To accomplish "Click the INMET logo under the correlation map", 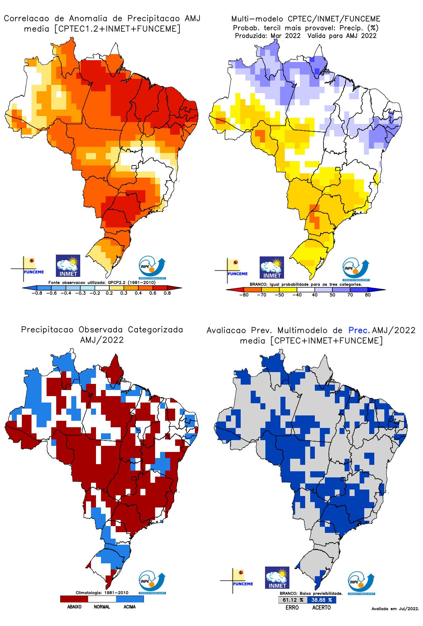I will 68,266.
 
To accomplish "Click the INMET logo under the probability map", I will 272,268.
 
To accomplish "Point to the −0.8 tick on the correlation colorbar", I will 37,293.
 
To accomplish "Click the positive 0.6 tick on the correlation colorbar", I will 153,293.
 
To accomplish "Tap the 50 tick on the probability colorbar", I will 332,295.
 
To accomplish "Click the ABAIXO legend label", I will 74,607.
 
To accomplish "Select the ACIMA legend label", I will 130,607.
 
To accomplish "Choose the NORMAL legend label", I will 102,607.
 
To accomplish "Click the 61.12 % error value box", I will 293,600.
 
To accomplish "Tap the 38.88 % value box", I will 321,600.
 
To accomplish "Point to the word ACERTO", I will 321,608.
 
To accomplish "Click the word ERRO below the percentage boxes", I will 292,608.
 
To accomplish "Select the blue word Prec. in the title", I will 359,330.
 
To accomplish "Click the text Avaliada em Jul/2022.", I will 395,609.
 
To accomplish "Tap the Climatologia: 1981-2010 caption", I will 102,593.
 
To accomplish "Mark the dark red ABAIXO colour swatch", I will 74,599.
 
